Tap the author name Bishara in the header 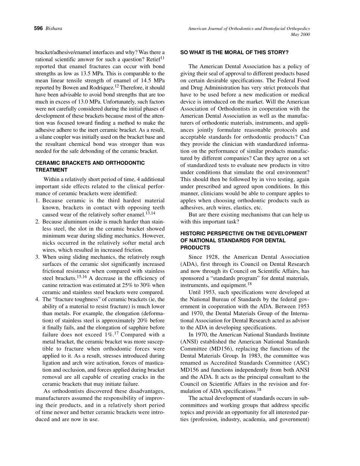coord(53,28)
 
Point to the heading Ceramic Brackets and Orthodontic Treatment coord(90,166)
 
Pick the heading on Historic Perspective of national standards coord(244,240)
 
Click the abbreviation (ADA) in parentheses coord(190,264)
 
